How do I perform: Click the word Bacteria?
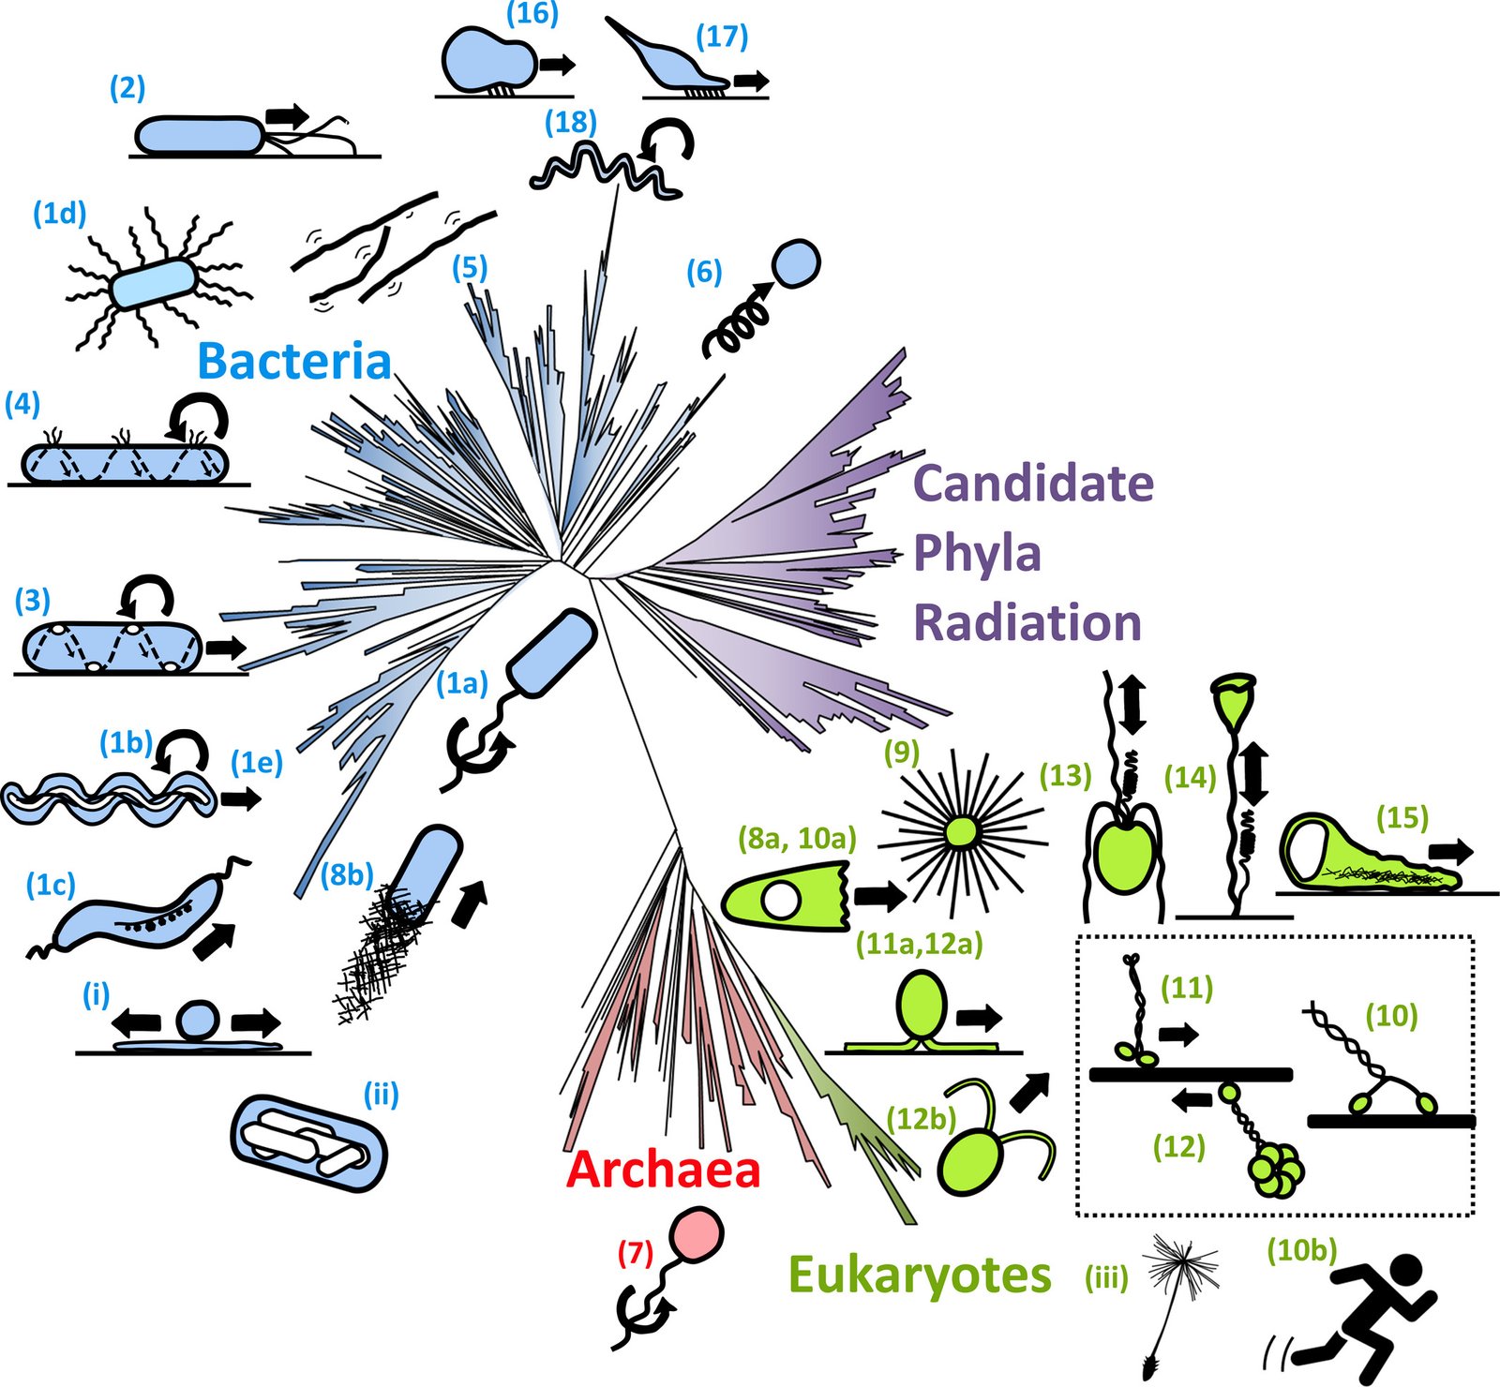tap(293, 362)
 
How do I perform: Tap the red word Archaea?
tap(663, 1170)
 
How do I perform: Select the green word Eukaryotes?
tap(920, 1275)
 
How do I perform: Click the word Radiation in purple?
tap(1027, 622)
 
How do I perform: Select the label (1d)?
tap(59, 214)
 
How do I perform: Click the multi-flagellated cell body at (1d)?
tap(153, 284)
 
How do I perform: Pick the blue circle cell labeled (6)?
tap(796, 262)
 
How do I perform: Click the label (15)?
tap(1402, 817)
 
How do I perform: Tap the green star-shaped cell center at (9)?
tap(960, 830)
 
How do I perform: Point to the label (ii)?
tap(381, 1095)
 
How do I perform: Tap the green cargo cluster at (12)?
tap(1275, 1170)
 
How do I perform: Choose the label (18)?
tap(571, 122)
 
